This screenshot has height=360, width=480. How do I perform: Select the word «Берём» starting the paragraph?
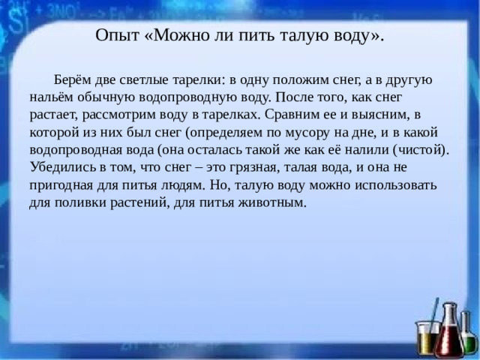(x=74, y=80)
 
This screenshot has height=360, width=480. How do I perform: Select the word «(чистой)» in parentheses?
(x=420, y=149)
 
